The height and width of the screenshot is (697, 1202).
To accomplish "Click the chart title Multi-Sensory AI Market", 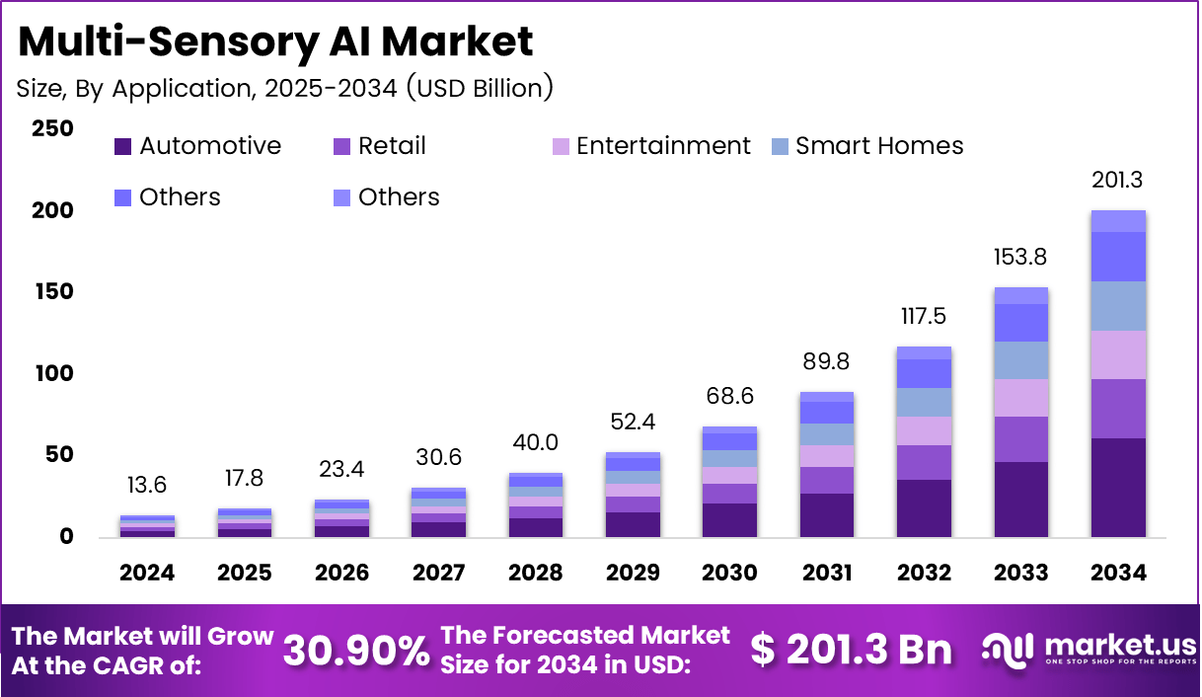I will (x=275, y=41).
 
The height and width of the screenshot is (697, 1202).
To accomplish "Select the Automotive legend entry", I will (x=197, y=146).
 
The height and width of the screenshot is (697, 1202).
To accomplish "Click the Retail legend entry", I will (x=380, y=146).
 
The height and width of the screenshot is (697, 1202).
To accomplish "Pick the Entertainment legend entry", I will (x=651, y=146).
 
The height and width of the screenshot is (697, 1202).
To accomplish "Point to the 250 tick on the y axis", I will (x=51, y=129).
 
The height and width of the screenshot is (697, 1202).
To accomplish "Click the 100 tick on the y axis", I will (x=51, y=374).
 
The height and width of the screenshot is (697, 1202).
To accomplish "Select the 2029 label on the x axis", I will (x=633, y=573).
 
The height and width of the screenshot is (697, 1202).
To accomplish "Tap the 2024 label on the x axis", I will (x=147, y=573).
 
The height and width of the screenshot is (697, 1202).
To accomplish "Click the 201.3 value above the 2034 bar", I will (x=1118, y=181).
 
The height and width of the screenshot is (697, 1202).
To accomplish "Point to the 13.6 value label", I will (x=147, y=486).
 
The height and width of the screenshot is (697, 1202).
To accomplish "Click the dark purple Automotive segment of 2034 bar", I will (x=1118, y=488).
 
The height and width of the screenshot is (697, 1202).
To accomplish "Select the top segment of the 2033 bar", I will (x=1020, y=295).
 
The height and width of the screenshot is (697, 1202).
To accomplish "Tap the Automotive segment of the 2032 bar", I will (x=924, y=508).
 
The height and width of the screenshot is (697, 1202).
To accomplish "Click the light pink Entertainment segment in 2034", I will (x=1118, y=355).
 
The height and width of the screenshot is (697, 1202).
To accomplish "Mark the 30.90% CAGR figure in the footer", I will (x=356, y=651).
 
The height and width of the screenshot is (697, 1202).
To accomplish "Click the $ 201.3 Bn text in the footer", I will (x=851, y=650).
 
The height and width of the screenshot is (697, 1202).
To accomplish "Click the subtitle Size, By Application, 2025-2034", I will (x=284, y=88).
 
